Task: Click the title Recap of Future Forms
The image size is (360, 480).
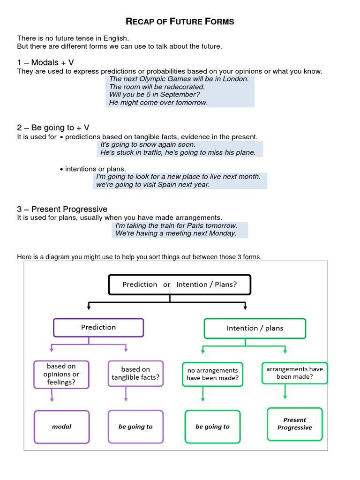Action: [180, 22]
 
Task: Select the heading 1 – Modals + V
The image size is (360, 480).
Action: [45, 62]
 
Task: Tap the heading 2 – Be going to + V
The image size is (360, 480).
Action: [53, 127]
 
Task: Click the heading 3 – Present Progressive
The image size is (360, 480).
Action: [62, 209]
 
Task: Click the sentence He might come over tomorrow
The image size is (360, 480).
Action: [158, 102]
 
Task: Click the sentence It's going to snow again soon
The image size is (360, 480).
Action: [148, 144]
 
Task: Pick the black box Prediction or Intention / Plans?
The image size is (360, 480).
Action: [180, 285]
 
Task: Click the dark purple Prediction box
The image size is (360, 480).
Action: [98, 328]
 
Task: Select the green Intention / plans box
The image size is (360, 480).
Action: [255, 328]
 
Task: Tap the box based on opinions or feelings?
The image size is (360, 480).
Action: [61, 374]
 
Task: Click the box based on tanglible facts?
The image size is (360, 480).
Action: [135, 373]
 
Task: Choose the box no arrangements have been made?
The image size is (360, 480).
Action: [212, 374]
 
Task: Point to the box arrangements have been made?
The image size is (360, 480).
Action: [294, 373]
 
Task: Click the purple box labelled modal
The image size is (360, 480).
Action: [61, 427]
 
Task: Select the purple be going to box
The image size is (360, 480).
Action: [135, 427]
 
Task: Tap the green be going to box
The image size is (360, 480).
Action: [212, 427]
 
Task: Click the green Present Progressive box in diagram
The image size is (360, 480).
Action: [294, 424]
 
